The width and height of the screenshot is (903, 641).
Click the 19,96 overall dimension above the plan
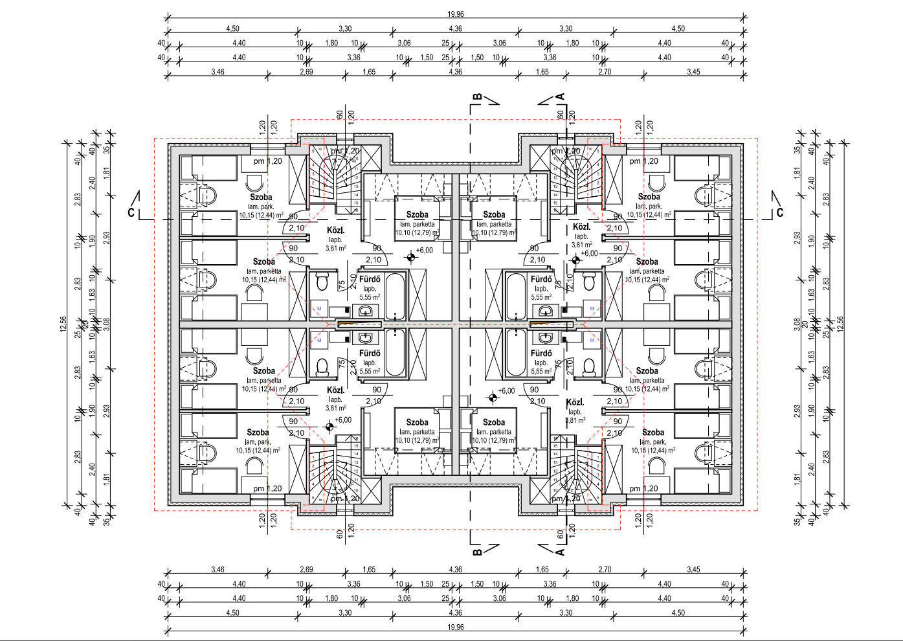pos(455,14)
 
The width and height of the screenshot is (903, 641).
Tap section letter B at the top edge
pos(477,98)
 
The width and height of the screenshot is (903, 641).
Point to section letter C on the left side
pos(131,213)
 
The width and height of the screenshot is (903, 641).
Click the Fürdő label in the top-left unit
pos(370,279)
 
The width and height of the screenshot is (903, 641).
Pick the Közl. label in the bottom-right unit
pos(575,402)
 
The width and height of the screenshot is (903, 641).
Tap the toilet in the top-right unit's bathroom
pos(589,283)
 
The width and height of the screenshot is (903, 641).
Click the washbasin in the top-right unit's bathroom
pos(546,311)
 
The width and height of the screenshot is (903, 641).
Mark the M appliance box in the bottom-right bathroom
pos(592,339)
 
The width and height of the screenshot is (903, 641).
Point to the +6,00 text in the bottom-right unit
pos(506,390)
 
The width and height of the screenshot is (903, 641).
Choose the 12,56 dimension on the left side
pos(63,324)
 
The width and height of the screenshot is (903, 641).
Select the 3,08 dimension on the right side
pos(797,324)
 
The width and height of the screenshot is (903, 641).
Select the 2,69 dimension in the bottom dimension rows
pos(306,570)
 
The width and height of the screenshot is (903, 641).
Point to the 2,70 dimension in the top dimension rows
pos(605,72)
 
